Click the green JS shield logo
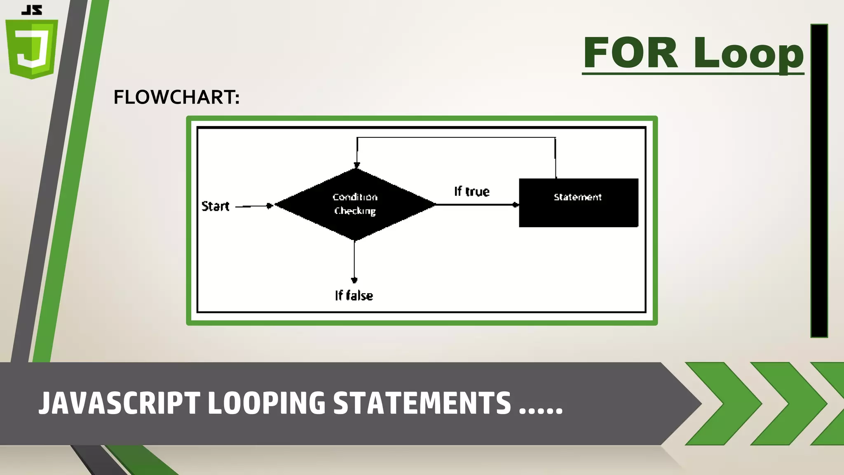click(x=32, y=49)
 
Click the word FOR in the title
click(x=630, y=53)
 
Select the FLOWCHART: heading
click(x=176, y=98)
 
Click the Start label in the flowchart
click(x=215, y=206)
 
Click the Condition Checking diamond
click(x=355, y=204)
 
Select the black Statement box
click(x=578, y=203)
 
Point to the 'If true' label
click(x=472, y=192)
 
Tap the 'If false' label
click(x=354, y=296)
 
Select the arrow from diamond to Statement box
click(x=476, y=205)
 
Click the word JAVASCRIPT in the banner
click(x=119, y=403)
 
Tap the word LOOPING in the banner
click(x=266, y=403)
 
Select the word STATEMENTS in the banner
click(x=422, y=403)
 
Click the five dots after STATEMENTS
click(x=541, y=411)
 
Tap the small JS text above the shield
click(x=32, y=10)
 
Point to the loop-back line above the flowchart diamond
click(x=456, y=138)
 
